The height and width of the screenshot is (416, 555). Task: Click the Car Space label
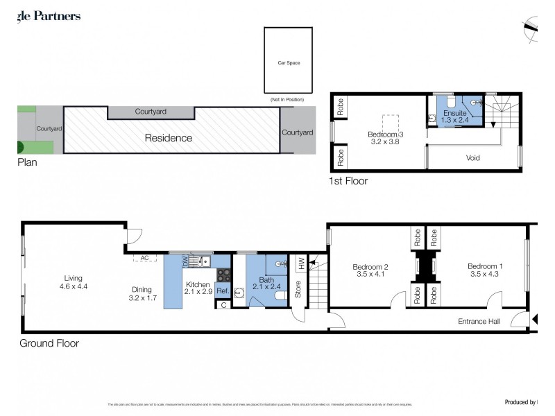coord(287,62)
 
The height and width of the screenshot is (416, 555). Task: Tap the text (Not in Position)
coord(287,101)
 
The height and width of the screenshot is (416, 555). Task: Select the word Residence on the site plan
coord(168,138)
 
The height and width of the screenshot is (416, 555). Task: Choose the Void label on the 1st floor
coord(472,158)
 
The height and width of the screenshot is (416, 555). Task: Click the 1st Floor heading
coord(348,181)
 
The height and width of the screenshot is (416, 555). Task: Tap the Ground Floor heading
coord(49,343)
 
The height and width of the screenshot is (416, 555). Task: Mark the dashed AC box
coord(145,258)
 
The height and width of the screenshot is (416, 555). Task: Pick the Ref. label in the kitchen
coord(222,291)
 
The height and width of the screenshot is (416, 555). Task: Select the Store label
coord(298,289)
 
